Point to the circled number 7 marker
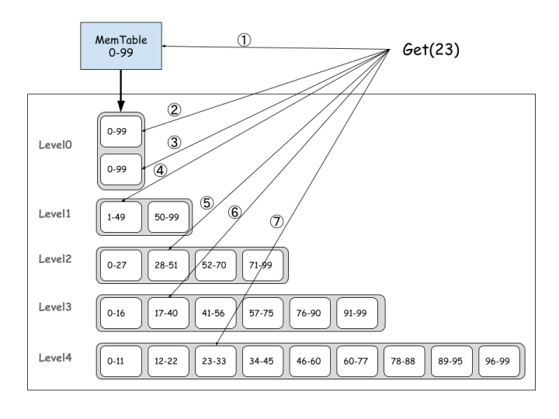coord(276,221)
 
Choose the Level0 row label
coord(55,145)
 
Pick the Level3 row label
coord(55,306)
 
